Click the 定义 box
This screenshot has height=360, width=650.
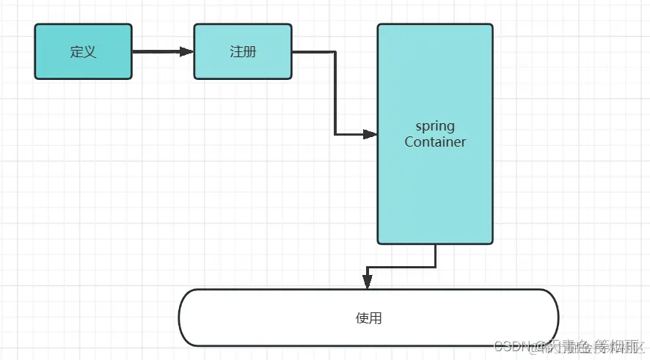(x=83, y=51)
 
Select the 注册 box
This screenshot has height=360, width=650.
(x=242, y=51)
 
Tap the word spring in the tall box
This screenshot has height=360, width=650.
(x=435, y=126)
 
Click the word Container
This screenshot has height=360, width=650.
(x=435, y=142)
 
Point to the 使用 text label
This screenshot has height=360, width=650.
(x=368, y=318)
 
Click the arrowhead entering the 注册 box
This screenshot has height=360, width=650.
(x=187, y=51)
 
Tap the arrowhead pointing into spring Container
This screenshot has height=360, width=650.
(x=370, y=134)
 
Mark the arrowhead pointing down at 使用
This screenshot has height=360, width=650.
(x=368, y=282)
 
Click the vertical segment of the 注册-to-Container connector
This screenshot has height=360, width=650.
(x=335, y=93)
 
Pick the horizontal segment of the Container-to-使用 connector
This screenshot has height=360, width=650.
(x=401, y=267)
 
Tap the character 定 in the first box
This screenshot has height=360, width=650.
(x=76, y=51)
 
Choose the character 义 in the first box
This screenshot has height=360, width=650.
(x=90, y=51)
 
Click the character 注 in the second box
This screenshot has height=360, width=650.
(x=235, y=51)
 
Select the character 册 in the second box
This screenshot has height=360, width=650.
(x=249, y=51)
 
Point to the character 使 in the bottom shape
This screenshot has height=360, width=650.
(x=362, y=318)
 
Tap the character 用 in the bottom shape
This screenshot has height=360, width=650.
(x=376, y=318)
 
